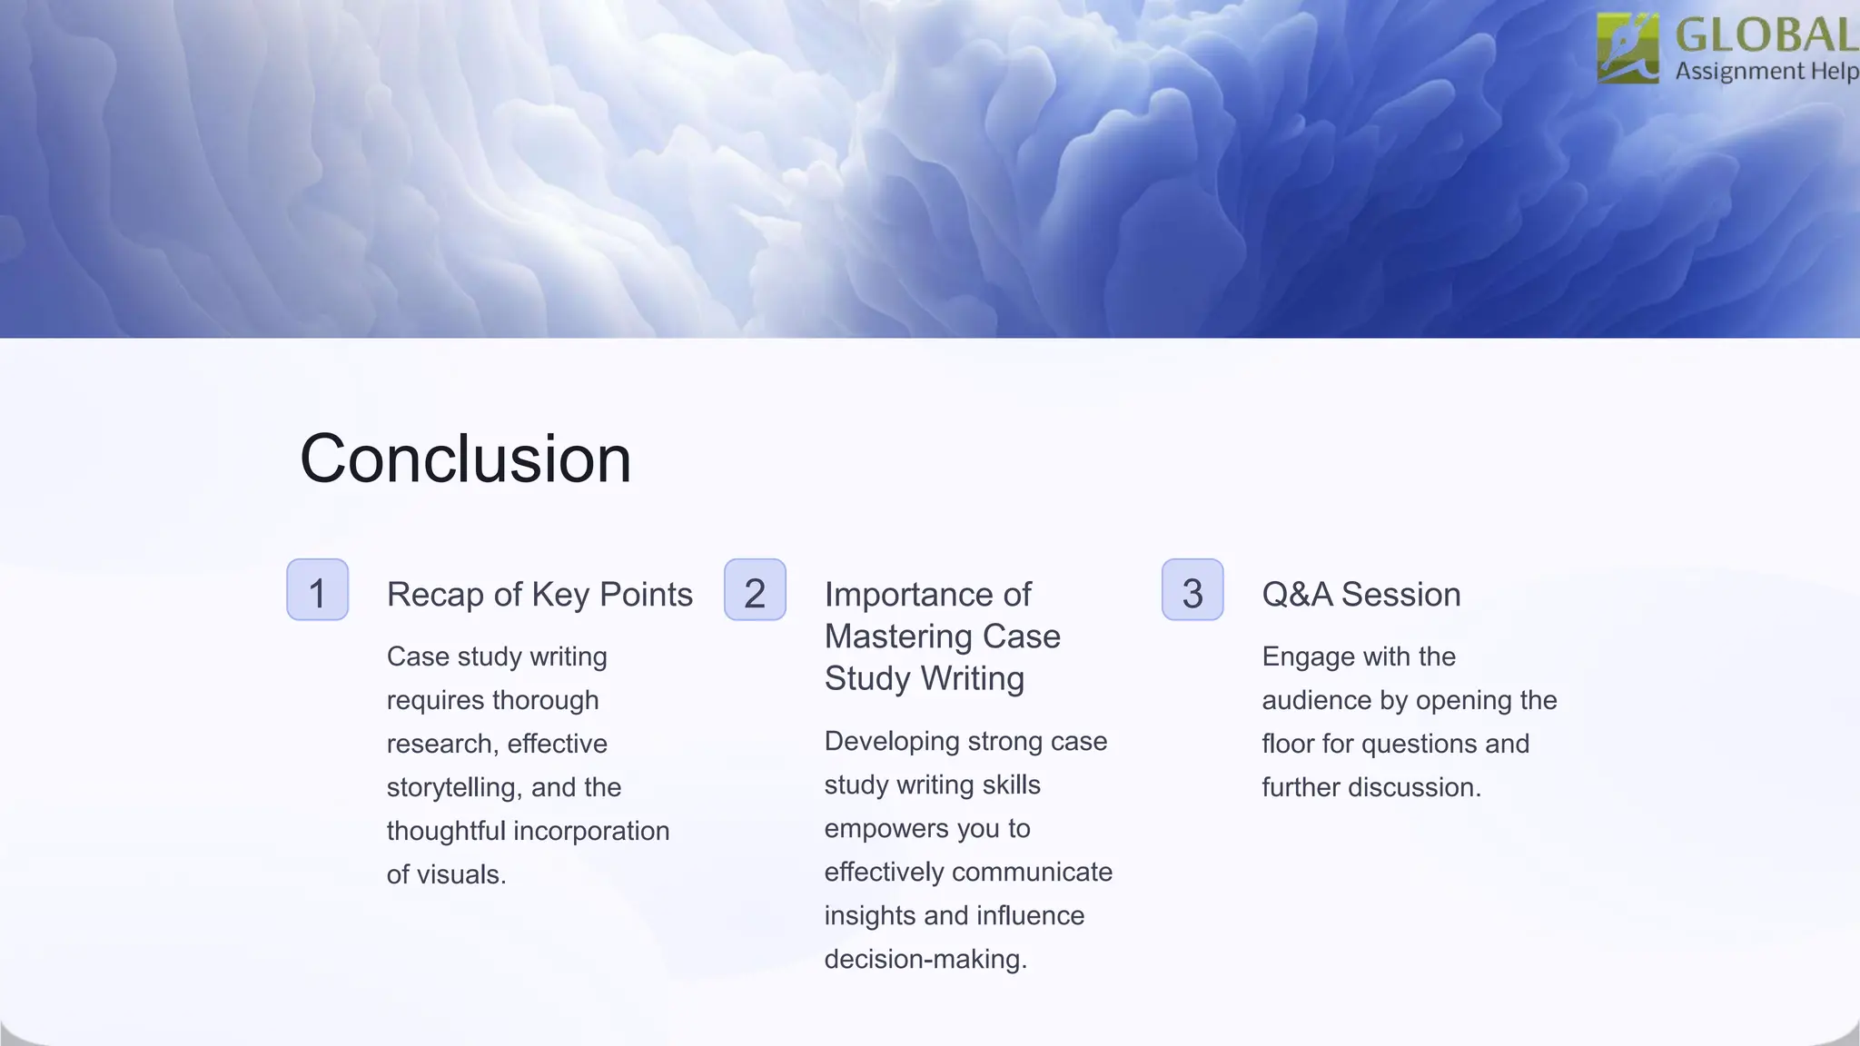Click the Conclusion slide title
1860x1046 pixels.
pos(465,459)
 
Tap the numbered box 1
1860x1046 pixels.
pos(317,590)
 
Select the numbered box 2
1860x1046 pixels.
pos(755,590)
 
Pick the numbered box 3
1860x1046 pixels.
pos(1192,590)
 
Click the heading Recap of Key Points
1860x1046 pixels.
pos(539,595)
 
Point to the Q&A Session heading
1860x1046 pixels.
pos(1360,595)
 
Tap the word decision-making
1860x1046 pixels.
pos(925,959)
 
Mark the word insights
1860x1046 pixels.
pos(870,915)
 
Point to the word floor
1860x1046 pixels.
pos(1288,744)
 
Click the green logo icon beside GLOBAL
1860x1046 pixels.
pos(1627,48)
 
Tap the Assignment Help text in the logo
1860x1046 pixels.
pos(1766,71)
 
